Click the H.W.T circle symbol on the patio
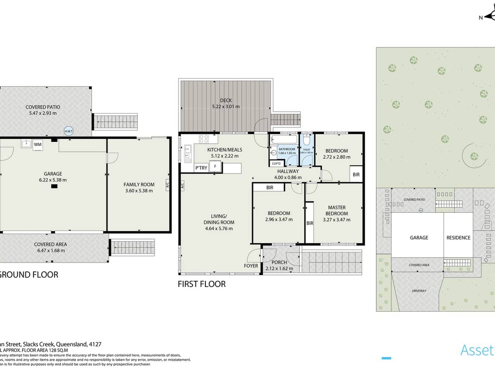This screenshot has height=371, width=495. pos(68,131)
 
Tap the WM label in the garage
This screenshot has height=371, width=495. pos(38,144)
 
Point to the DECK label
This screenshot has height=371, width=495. pos(226,101)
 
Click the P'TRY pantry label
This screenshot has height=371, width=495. pos(201,168)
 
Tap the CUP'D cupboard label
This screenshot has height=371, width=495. pos(276,164)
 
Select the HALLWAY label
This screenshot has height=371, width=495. pos(288,171)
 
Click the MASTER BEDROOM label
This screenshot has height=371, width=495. pos(337,210)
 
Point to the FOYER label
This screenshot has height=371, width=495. pos(251,266)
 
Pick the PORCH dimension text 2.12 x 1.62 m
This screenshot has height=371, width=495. pos(279,269)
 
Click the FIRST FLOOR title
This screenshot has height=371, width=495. pos(202,284)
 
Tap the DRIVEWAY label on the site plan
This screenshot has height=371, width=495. pos(419,291)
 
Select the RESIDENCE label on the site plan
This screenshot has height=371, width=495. pos(458,237)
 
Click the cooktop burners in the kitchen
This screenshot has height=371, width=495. pos(204,139)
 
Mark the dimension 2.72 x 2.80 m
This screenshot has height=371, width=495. pos(336,157)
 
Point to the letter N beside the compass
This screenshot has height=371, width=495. pos(481,17)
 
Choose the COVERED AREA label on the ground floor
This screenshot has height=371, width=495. pos(50,244)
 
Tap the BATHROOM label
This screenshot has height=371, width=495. pos(287,149)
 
